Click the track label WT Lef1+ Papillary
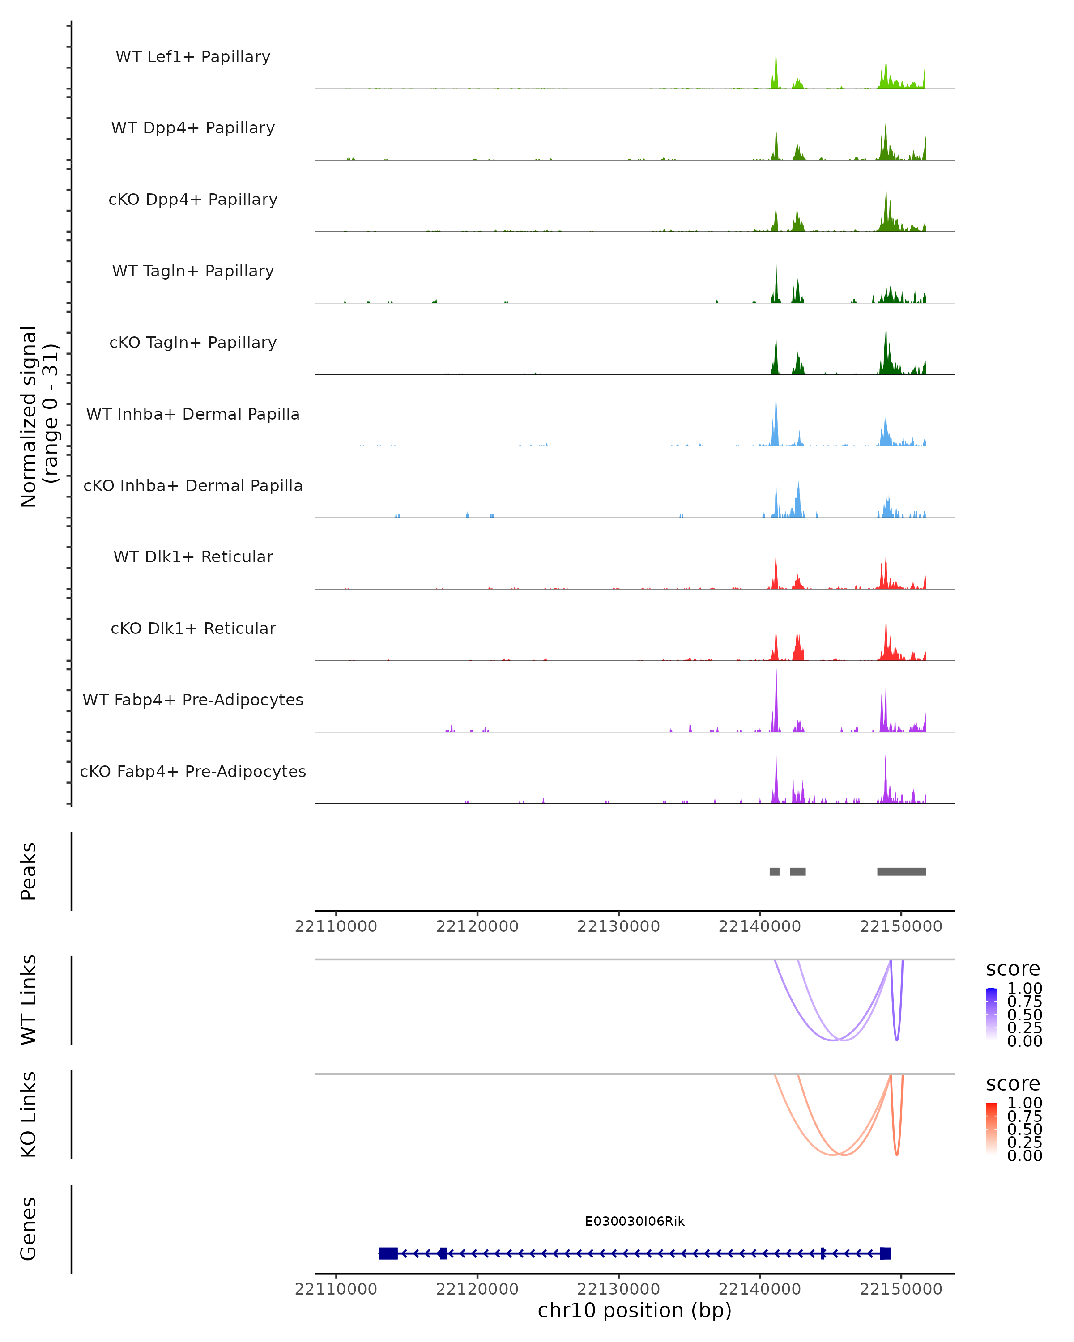(x=193, y=57)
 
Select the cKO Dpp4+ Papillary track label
(x=193, y=200)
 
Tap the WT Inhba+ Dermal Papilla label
(x=193, y=415)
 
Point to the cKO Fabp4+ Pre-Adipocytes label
(x=193, y=772)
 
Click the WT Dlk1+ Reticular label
(x=193, y=557)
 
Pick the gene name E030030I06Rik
(x=635, y=1222)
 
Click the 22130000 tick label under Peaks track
(x=618, y=927)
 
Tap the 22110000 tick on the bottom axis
(x=336, y=1290)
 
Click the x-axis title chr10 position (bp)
(x=635, y=1311)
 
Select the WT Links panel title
(x=29, y=1000)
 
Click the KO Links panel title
(x=29, y=1115)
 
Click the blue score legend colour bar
(x=991, y=1014)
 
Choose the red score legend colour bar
(x=991, y=1129)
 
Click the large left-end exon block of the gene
(x=388, y=1253)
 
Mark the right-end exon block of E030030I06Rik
(x=885, y=1253)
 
